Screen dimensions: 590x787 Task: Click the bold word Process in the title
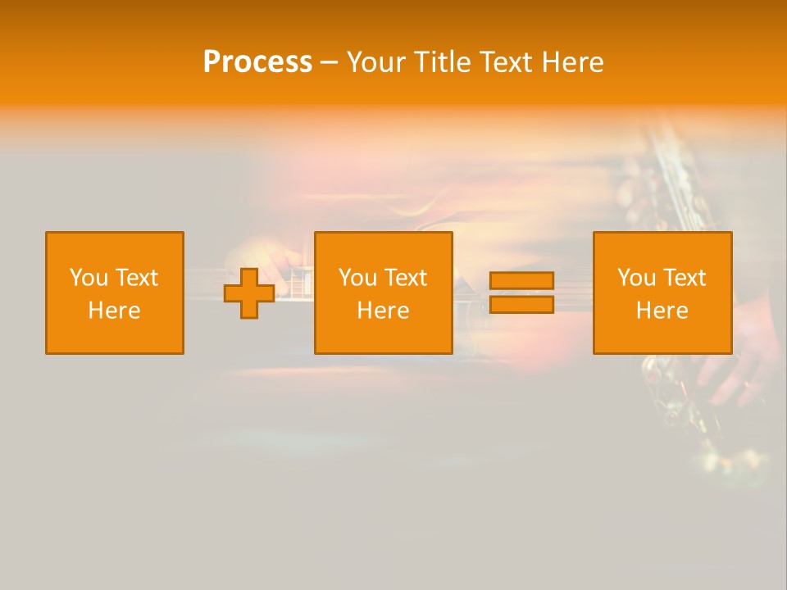click(257, 62)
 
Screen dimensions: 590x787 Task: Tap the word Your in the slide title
click(377, 62)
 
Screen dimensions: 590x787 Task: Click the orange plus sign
click(249, 293)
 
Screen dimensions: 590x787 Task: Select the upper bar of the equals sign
click(521, 280)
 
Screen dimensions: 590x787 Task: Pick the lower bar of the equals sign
click(521, 304)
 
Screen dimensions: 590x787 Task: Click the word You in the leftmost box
click(88, 278)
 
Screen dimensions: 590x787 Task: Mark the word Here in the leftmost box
click(114, 311)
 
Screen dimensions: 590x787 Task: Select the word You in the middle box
click(357, 278)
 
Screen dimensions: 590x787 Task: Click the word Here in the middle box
click(383, 311)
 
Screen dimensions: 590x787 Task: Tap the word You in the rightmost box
click(635, 278)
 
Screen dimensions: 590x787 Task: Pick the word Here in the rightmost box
click(662, 311)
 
